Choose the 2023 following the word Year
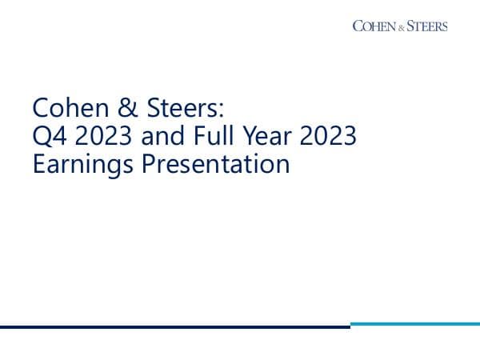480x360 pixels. pyautogui.click(x=326, y=137)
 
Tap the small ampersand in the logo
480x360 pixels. pyautogui.click(x=401, y=26)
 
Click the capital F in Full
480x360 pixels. pyautogui.click(x=193, y=137)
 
